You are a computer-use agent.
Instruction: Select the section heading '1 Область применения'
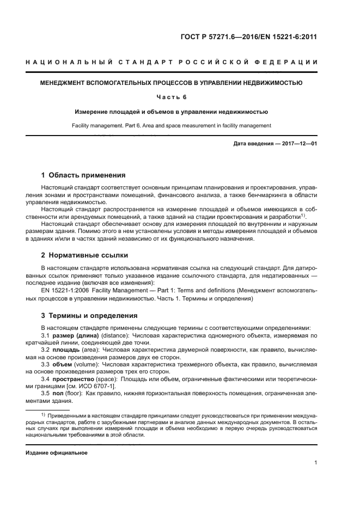(83, 175)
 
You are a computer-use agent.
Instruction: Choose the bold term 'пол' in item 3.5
(58, 392)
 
